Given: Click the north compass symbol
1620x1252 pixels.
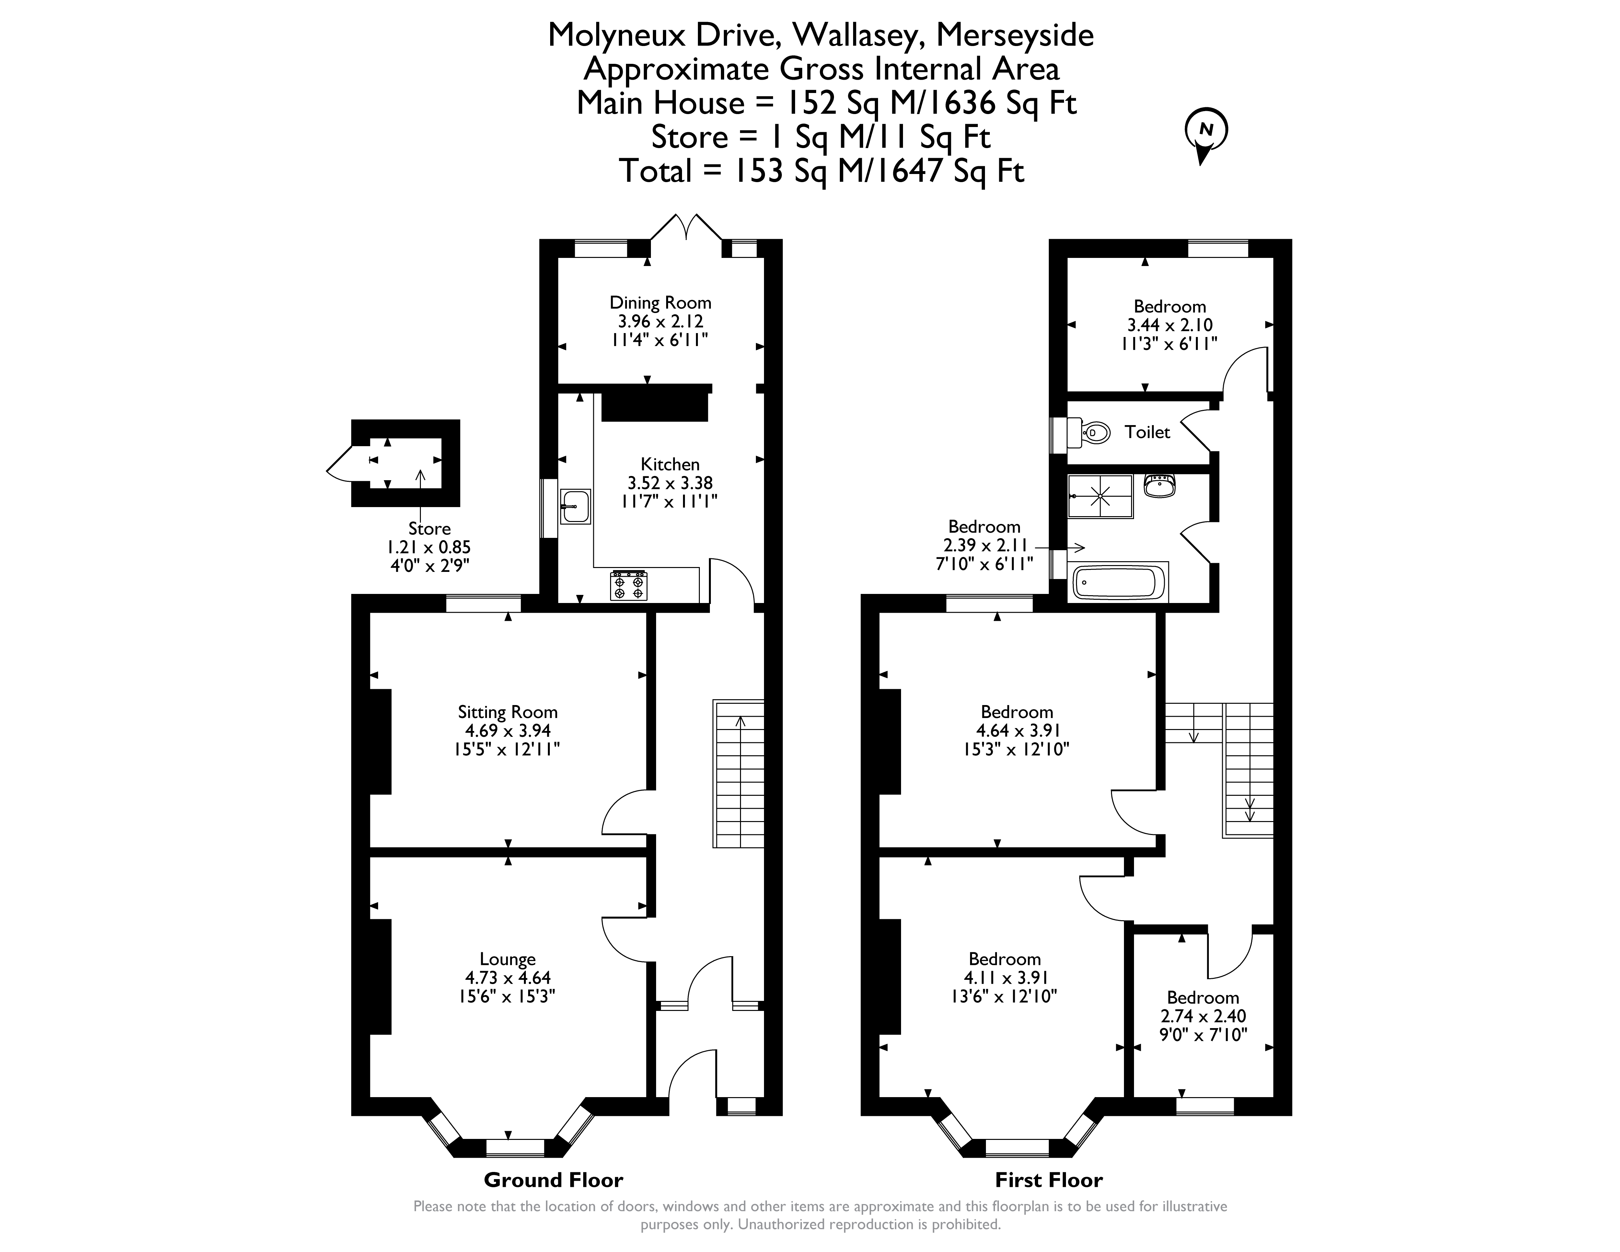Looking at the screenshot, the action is (1205, 133).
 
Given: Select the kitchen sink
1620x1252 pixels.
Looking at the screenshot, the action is (576, 506).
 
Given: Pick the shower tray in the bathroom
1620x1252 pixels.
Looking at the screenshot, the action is (1100, 496).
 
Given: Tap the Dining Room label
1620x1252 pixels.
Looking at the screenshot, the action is (660, 303).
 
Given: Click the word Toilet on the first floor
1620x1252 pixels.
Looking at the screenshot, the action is (1147, 432).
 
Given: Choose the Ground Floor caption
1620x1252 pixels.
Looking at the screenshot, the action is (553, 1180).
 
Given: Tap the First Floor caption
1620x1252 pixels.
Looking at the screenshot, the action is (1049, 1180).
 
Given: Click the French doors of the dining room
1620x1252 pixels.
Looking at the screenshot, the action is (686, 227).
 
